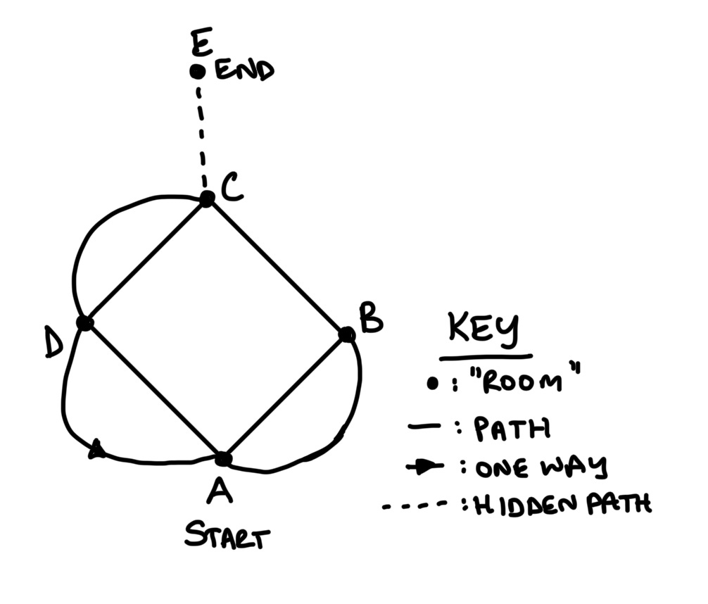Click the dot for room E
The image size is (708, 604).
(x=198, y=71)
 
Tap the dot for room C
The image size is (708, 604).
(x=206, y=199)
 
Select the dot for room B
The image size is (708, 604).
(x=346, y=334)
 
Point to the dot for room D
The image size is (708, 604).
(x=84, y=323)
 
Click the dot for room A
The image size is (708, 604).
(x=223, y=459)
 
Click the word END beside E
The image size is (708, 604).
(x=244, y=71)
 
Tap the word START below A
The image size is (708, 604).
(x=227, y=538)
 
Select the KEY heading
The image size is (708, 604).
(x=483, y=329)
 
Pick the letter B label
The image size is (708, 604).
(x=370, y=319)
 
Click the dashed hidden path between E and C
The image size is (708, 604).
(x=201, y=134)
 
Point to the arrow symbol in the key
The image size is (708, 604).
(x=424, y=467)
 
